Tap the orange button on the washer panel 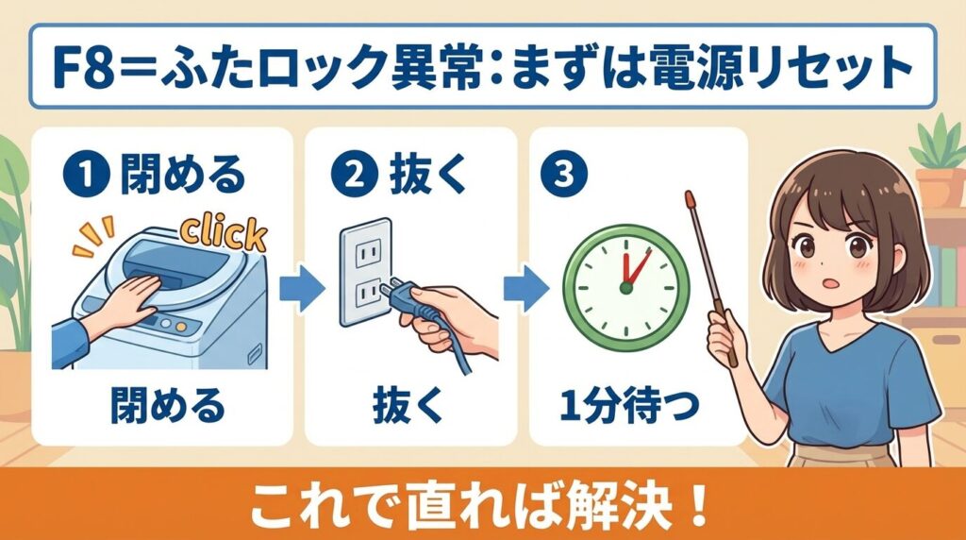coord(180,328)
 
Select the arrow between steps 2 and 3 coord(525,287)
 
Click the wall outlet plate coord(366,272)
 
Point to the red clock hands coord(633,269)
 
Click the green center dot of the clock coord(626,288)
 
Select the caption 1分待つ coord(629,406)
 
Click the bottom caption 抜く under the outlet coord(408,406)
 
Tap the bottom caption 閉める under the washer coord(168,406)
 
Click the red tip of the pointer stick coord(690,199)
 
